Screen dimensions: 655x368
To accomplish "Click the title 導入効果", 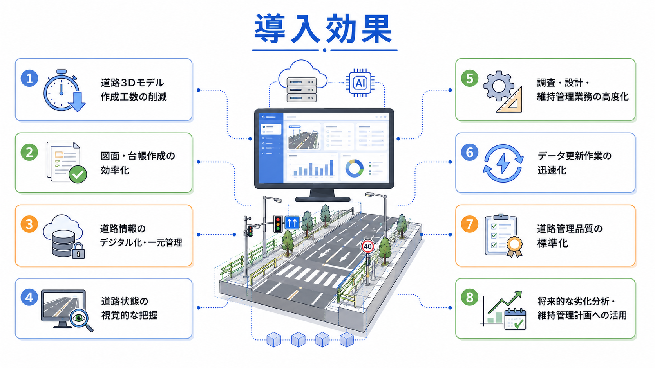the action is [324, 29].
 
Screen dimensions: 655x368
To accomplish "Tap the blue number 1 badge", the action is [29, 78].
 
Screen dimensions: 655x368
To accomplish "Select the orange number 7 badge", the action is [470, 224].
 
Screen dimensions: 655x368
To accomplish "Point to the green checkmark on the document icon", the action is [78, 174].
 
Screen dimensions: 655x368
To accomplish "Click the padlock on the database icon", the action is [78, 251].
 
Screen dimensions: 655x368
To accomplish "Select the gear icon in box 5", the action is [499, 86].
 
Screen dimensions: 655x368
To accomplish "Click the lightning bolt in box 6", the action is [503, 163].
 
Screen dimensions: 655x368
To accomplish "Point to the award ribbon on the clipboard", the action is [514, 247].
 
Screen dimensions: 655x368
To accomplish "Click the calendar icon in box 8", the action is [515, 319].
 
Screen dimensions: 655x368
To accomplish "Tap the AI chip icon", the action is [360, 83].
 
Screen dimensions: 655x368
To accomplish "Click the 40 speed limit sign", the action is [367, 247].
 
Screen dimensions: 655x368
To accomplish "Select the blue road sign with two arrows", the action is [292, 223].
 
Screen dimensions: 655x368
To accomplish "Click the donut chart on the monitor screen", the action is [355, 169].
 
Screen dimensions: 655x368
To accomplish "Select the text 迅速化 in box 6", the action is [552, 170].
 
